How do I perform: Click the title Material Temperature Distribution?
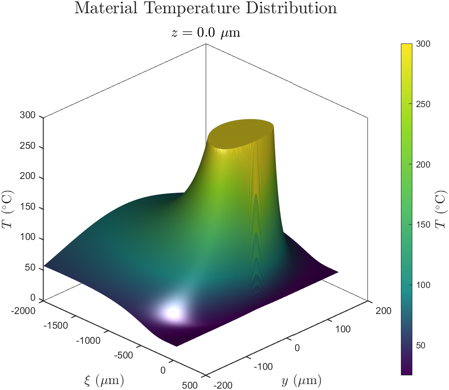point(205,8)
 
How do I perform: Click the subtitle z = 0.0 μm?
point(205,33)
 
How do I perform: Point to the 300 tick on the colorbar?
point(424,44)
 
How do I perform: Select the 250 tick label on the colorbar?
point(424,104)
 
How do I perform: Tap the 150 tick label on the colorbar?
point(424,224)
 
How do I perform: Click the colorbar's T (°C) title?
point(441,210)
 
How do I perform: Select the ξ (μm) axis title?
point(104,380)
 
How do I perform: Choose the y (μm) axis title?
point(301,380)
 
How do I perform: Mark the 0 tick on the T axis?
point(32,298)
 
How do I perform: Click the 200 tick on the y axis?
point(383,311)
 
